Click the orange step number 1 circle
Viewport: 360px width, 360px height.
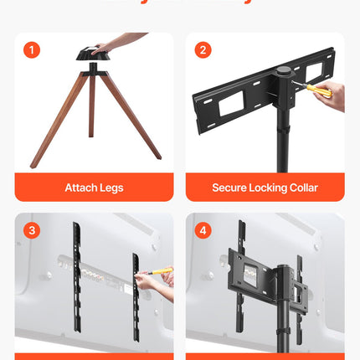[32, 50]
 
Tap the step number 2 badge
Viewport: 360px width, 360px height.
[203, 50]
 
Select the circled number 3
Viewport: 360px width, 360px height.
[32, 229]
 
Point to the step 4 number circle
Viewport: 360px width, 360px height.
[203, 229]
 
